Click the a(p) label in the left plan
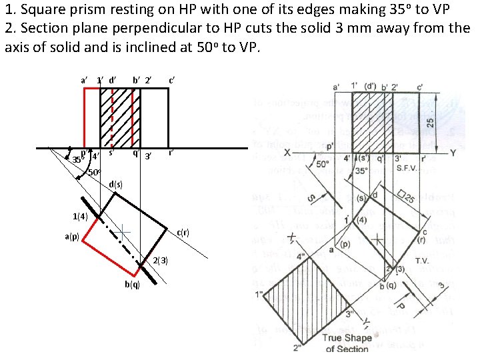[x=72, y=237]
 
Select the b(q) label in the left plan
[x=132, y=285]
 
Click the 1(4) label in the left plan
[x=80, y=216]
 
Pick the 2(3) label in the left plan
[x=160, y=259]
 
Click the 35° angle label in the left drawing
[x=77, y=159]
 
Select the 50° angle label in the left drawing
[x=94, y=173]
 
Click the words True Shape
[x=347, y=338]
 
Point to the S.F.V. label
[x=407, y=167]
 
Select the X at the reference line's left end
[x=287, y=153]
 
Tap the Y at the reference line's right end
[x=453, y=153]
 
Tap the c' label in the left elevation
[x=173, y=81]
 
